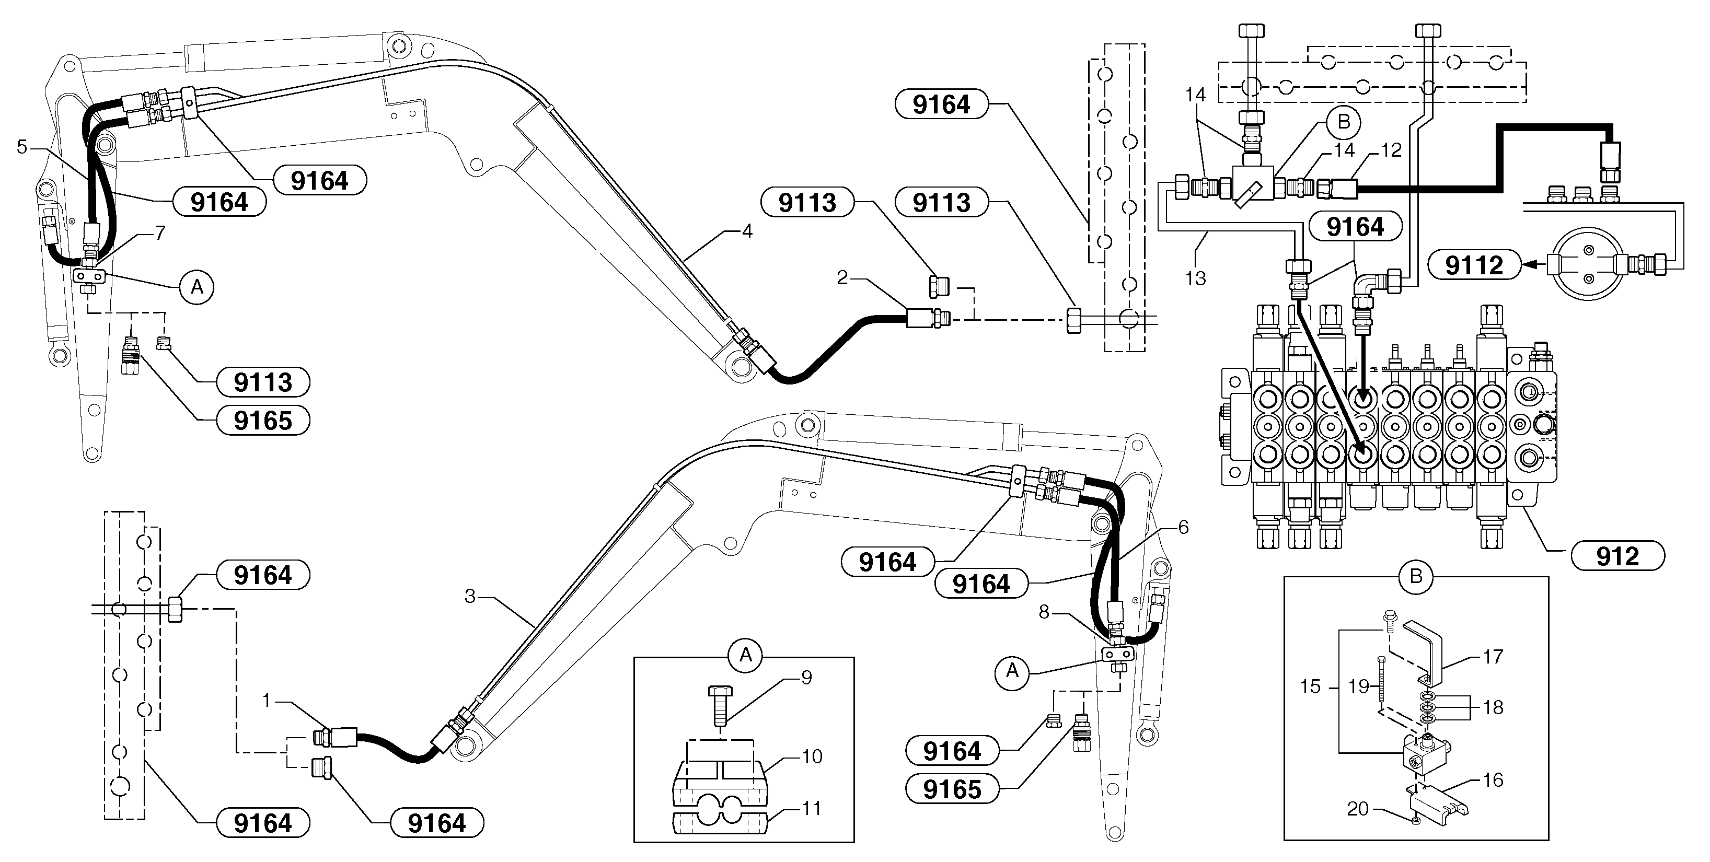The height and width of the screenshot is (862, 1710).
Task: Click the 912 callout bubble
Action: pos(1617,555)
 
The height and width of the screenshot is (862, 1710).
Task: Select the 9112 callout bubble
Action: pos(1474,265)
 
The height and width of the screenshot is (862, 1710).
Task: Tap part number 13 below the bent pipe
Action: pos(1195,278)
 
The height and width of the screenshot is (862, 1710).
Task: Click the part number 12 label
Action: pos(1391,150)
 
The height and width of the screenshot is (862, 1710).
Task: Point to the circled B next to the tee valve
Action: pos(1343,122)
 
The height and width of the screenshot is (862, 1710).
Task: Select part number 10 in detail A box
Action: pos(812,756)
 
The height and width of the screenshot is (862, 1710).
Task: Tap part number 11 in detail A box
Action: pos(812,808)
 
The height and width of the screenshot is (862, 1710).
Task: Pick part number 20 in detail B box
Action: pos(1358,808)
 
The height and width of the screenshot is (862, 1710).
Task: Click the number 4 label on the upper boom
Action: pos(747,231)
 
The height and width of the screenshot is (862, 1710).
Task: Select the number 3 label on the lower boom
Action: pos(470,596)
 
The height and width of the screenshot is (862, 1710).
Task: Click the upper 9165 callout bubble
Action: pos(263,420)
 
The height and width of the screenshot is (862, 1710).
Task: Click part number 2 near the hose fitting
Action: pos(842,277)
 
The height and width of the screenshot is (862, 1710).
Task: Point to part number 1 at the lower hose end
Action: pos(267,700)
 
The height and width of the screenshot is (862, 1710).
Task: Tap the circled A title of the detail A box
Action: pos(745,655)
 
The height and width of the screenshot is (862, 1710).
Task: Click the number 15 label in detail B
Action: pos(1310,686)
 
